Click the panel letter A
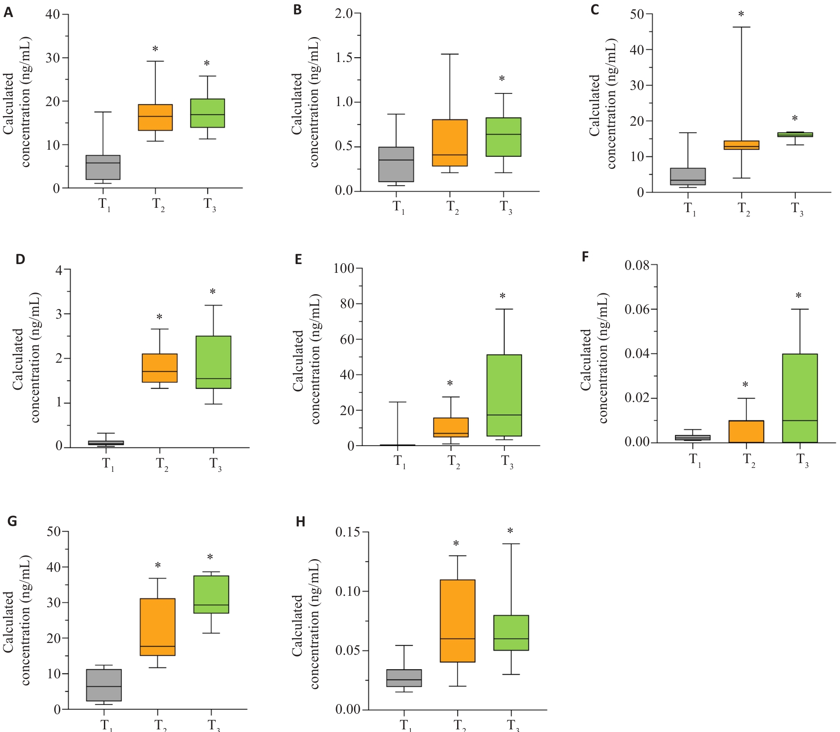tap(8, 12)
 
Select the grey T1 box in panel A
tap(103, 167)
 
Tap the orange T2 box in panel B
tap(450, 143)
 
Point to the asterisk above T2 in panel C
tap(741, 14)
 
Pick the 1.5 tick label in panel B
tap(344, 58)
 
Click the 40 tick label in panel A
tap(53, 14)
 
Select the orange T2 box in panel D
tap(160, 368)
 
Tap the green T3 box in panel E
tap(504, 395)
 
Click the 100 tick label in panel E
tap(344, 268)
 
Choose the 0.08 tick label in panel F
tap(637, 265)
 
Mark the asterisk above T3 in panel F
tap(799, 296)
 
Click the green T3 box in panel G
tap(211, 595)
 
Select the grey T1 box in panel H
tap(404, 678)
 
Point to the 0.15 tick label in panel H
tap(348, 532)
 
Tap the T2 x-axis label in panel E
tap(453, 461)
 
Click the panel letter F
tap(585, 257)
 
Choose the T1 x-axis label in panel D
tap(108, 464)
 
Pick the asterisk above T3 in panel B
tap(502, 79)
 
